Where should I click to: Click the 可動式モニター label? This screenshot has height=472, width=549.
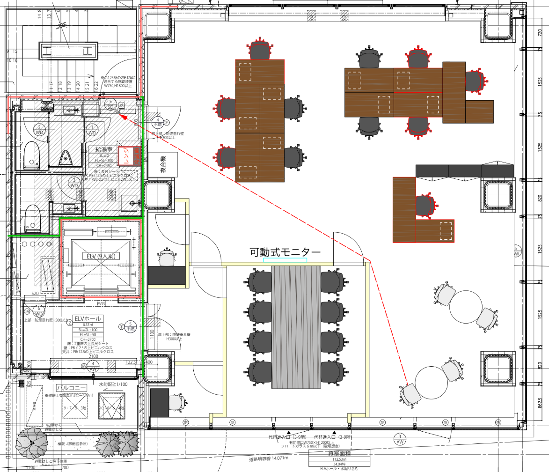(285, 252)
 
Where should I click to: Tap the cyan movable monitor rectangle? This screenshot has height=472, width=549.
(285, 260)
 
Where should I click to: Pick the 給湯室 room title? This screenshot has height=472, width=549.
(103, 150)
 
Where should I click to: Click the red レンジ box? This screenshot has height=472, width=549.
(125, 156)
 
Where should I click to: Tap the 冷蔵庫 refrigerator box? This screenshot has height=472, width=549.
(137, 156)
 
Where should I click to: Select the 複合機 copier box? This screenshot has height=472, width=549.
(162, 165)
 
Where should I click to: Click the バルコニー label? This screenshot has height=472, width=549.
(70, 388)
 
